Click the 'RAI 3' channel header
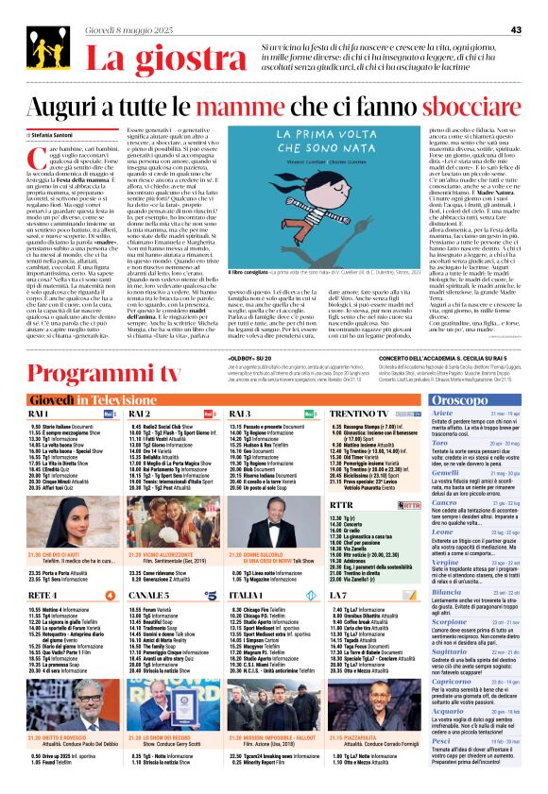240,413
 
